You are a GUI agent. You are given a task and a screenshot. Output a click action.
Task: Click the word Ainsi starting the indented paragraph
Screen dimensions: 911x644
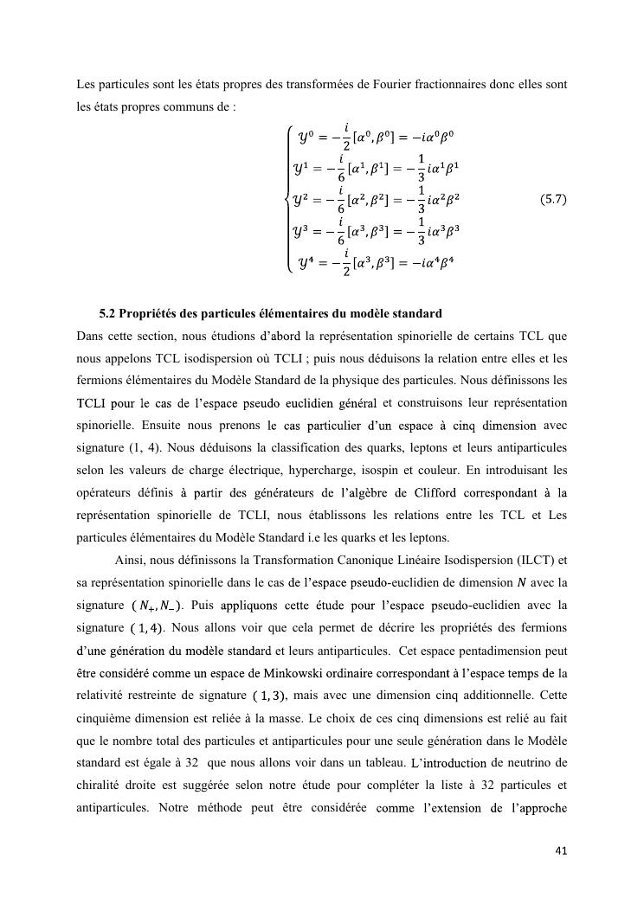[130, 560]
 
